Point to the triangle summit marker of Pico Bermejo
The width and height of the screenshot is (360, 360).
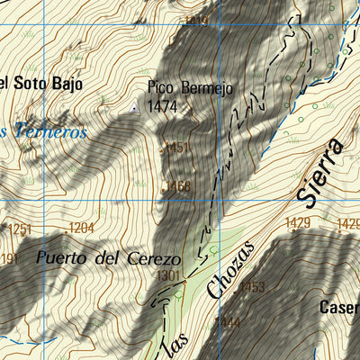[x=136, y=109]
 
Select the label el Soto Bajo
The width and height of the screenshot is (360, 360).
[x=40, y=84]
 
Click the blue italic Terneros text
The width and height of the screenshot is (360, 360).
[x=45, y=131]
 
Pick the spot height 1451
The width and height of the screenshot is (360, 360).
[x=178, y=148]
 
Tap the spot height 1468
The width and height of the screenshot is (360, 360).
[x=178, y=186]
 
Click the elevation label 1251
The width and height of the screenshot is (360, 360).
[x=20, y=229]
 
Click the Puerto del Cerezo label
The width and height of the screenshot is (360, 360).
[x=109, y=258]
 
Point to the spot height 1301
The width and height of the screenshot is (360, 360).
[x=168, y=275]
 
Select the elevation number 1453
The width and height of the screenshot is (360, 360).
[x=252, y=287]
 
